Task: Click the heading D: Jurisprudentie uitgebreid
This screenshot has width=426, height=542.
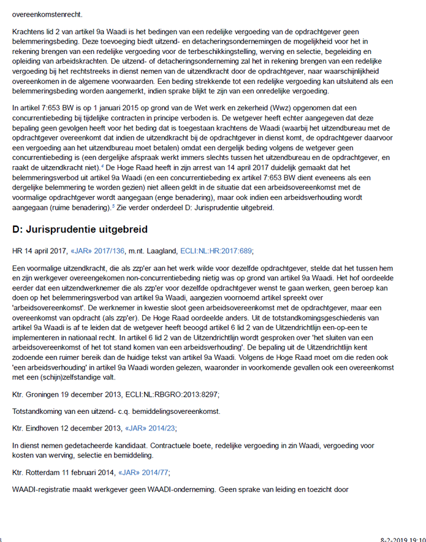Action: click(80, 229)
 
